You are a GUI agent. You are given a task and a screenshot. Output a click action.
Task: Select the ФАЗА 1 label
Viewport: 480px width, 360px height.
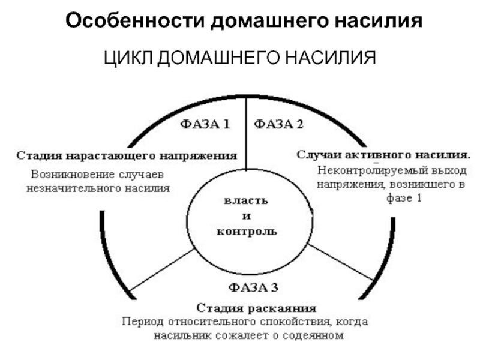click(206, 125)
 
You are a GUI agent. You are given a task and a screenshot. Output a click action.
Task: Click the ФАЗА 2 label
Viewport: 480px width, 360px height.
click(279, 125)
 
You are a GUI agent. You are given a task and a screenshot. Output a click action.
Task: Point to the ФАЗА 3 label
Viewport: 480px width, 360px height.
click(253, 287)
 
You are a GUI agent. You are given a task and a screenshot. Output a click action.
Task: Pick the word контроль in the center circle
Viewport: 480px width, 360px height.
click(247, 230)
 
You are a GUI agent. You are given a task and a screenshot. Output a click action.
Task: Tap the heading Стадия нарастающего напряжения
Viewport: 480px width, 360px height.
click(127, 155)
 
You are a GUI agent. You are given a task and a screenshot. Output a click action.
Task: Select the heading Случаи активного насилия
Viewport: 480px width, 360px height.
click(384, 154)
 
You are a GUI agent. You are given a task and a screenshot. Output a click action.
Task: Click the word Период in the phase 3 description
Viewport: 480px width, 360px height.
click(141, 322)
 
